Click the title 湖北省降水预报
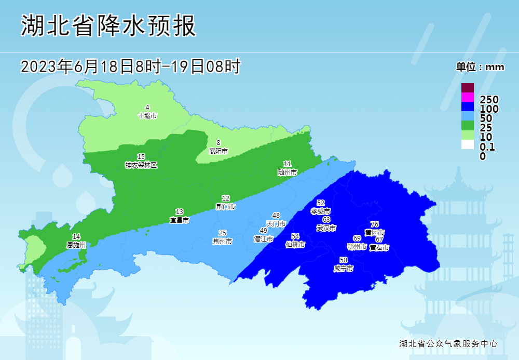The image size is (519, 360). coord(109,25)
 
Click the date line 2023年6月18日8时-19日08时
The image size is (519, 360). coord(130,66)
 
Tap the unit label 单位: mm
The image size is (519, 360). coord(480,67)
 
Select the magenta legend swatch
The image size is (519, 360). coord(468,97)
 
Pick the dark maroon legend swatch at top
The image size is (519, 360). coord(468,88)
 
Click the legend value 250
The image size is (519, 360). coord(489,100)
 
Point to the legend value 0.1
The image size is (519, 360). coord(487,147)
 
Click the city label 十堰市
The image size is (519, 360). coord(147,115)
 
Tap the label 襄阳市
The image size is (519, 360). coord(218,151)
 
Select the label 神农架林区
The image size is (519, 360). coord(141,165)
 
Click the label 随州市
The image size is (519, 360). coord(288,171)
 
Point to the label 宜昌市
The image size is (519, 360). coord(180,220)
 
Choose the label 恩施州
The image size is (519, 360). coord(76,244)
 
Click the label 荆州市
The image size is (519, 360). coord(222,241)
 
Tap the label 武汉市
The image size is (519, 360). coord(326,228)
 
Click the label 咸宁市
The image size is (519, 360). coord(344,268)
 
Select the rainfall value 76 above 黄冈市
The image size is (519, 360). coord(375,224)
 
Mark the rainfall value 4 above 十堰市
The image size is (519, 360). coord(147,108)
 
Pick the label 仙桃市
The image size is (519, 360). coord(295,244)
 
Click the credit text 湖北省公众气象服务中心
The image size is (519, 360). coord(448,343)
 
